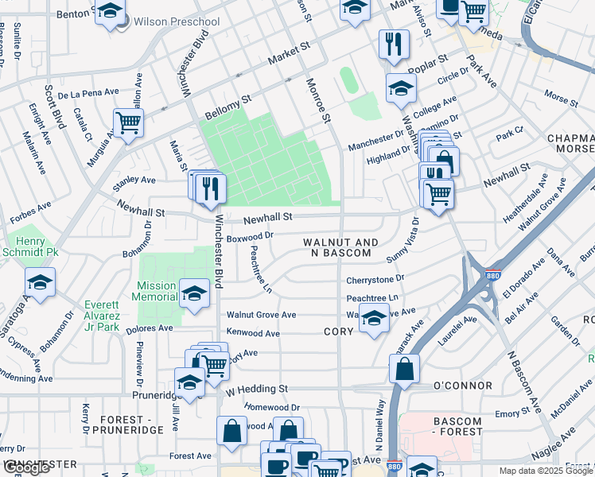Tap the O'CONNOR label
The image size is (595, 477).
[x=462, y=386]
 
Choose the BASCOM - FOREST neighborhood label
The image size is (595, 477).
[x=457, y=426]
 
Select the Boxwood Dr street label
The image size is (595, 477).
[x=250, y=235]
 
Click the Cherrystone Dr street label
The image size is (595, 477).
[x=375, y=280]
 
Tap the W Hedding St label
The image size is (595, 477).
[x=256, y=389]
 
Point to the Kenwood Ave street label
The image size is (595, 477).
[x=253, y=332]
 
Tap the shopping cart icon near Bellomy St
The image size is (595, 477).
[x=128, y=122]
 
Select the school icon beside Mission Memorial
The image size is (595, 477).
[x=193, y=293]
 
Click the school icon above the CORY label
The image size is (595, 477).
[x=372, y=320]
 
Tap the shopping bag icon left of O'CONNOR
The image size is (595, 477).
[x=404, y=368]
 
